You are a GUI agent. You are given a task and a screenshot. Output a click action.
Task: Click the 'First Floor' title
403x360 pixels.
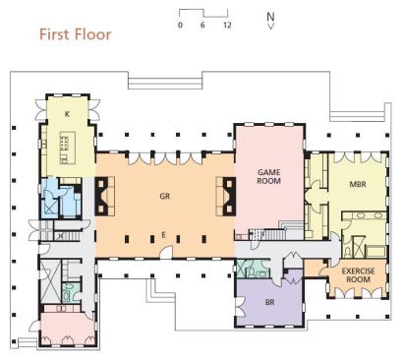coord(76,34)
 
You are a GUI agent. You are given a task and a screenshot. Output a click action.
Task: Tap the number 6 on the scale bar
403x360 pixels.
coord(202,25)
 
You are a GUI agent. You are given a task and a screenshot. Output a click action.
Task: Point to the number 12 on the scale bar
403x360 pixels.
coord(227,25)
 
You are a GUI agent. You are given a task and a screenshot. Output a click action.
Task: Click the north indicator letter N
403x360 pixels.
coord(270,17)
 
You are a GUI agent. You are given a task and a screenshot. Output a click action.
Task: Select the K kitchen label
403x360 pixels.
coord(67,114)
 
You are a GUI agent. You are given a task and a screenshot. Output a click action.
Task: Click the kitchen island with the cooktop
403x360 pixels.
coord(68,148)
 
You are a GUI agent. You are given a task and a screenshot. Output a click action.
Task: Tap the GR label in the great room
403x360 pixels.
coord(165,196)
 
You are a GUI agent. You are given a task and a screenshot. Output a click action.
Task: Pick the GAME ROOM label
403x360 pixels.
coord(268,176)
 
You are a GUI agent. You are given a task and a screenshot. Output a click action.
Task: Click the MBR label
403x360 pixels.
coord(358,184)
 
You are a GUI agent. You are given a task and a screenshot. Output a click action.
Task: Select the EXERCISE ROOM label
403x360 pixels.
coord(358,275)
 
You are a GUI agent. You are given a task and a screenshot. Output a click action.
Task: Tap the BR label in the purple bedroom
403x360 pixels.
coord(269,302)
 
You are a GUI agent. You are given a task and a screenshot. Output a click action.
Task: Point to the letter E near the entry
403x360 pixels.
coord(163,235)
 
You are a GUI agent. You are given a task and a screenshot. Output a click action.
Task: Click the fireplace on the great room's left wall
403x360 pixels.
coord(104,196)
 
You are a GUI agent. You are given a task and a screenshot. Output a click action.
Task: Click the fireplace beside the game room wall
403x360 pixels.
coord(226,196)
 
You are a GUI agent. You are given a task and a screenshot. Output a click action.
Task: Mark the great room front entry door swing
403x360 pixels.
coord(167,252)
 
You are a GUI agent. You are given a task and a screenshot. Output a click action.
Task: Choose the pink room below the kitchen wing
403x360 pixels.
coord(68,328)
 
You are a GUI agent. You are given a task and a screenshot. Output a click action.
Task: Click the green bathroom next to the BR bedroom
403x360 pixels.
coord(253,269)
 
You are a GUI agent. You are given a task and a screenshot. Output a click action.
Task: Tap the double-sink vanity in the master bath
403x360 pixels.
coord(364,215)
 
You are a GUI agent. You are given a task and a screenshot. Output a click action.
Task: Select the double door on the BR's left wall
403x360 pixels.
coord(240,307)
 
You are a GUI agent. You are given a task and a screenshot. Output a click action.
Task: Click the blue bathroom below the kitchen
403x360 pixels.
coord(61,199)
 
